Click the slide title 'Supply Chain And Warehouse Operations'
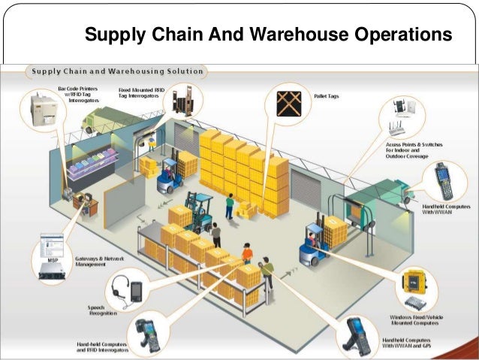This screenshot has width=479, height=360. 267,35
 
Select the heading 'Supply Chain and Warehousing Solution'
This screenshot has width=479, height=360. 116,71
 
